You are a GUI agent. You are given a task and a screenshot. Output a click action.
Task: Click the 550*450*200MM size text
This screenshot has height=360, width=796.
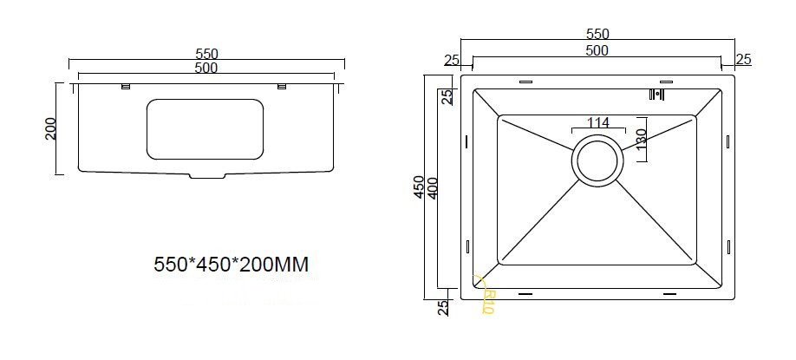click(231, 264)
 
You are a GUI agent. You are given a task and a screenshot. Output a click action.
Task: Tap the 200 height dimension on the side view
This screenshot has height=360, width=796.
click(49, 128)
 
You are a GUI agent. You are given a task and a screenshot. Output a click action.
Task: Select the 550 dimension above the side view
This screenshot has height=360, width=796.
click(206, 54)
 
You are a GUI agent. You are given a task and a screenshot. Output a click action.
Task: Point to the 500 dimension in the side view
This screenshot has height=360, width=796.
click(206, 67)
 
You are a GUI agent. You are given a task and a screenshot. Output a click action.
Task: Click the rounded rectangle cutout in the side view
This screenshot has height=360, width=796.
click(205, 129)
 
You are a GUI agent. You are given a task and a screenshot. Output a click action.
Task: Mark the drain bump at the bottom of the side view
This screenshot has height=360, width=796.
click(206, 177)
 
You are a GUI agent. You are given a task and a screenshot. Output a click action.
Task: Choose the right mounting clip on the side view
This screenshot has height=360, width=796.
click(281, 85)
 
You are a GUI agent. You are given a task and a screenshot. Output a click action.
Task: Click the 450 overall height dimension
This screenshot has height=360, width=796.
click(419, 188)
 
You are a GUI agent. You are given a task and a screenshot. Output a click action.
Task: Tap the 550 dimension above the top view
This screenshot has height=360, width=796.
click(597, 34)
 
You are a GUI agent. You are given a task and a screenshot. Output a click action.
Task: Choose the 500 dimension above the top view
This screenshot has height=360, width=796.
click(597, 50)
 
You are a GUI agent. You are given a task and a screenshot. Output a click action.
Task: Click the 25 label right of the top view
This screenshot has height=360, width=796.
click(743, 60)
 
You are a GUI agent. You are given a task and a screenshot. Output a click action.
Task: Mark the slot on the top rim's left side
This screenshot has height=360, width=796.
click(526, 82)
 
